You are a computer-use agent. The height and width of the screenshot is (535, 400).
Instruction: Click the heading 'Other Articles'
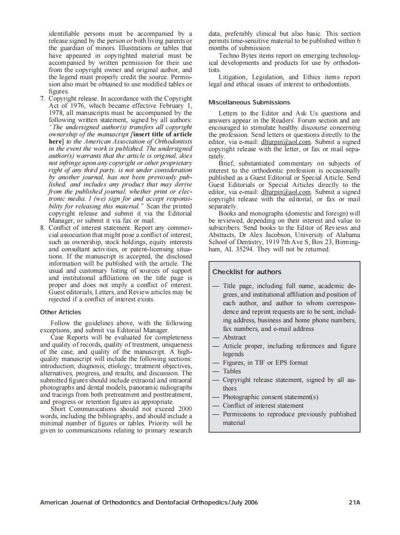coord(61,312)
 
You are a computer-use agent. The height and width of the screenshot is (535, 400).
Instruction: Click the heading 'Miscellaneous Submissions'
coord(249,102)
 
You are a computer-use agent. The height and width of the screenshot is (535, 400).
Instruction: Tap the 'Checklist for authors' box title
coord(247,272)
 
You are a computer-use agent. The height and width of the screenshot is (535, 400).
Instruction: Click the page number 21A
coord(354,502)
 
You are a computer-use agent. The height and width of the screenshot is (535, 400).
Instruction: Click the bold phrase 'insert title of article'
coord(163,134)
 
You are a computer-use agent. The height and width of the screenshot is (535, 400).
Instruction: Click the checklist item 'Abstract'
coord(235,337)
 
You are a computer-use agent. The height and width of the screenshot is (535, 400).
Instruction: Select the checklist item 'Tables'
coord(232,371)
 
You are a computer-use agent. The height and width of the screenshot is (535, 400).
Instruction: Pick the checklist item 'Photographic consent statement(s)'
coord(270,397)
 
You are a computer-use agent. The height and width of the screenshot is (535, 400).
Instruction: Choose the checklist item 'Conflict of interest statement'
coord(263,405)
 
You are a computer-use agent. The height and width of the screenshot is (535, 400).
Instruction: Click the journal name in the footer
coord(146,502)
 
